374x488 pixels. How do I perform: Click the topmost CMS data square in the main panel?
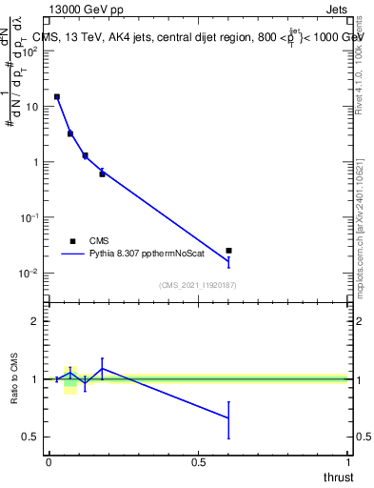(x=57, y=97)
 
